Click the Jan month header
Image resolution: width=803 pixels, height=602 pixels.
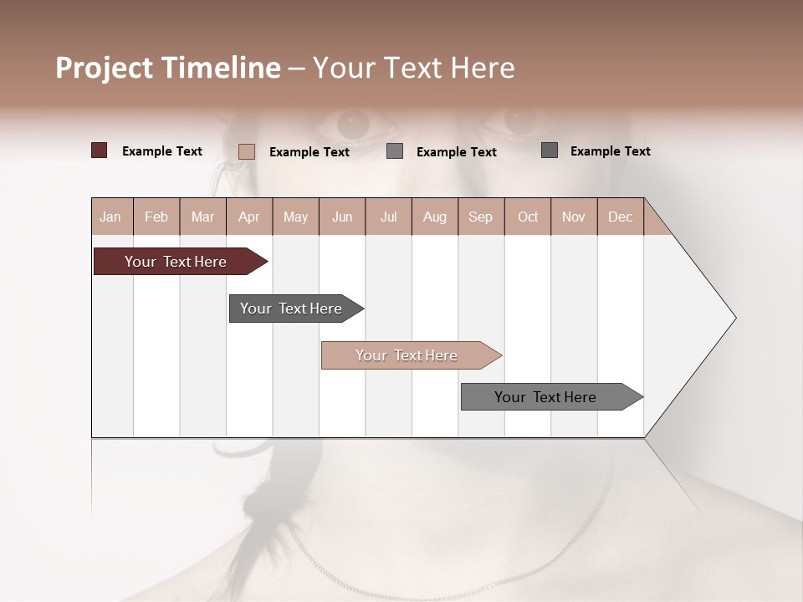click(111, 217)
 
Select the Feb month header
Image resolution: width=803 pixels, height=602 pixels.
click(156, 217)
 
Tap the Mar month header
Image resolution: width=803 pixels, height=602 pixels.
click(202, 217)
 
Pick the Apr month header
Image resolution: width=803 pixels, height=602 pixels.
click(249, 217)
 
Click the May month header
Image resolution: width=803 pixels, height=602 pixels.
click(295, 217)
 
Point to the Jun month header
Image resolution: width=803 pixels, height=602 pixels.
click(342, 217)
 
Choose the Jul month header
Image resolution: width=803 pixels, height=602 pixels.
click(388, 217)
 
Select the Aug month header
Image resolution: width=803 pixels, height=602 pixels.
click(435, 217)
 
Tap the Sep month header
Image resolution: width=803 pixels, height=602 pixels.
click(481, 217)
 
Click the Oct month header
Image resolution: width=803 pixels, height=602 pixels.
click(528, 217)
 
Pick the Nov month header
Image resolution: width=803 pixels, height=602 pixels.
click(574, 217)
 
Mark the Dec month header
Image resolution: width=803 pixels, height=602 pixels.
click(620, 217)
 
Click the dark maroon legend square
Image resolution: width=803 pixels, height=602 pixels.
click(99, 150)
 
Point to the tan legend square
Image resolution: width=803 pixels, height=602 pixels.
click(246, 151)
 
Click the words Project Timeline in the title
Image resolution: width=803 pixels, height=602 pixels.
click(168, 68)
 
